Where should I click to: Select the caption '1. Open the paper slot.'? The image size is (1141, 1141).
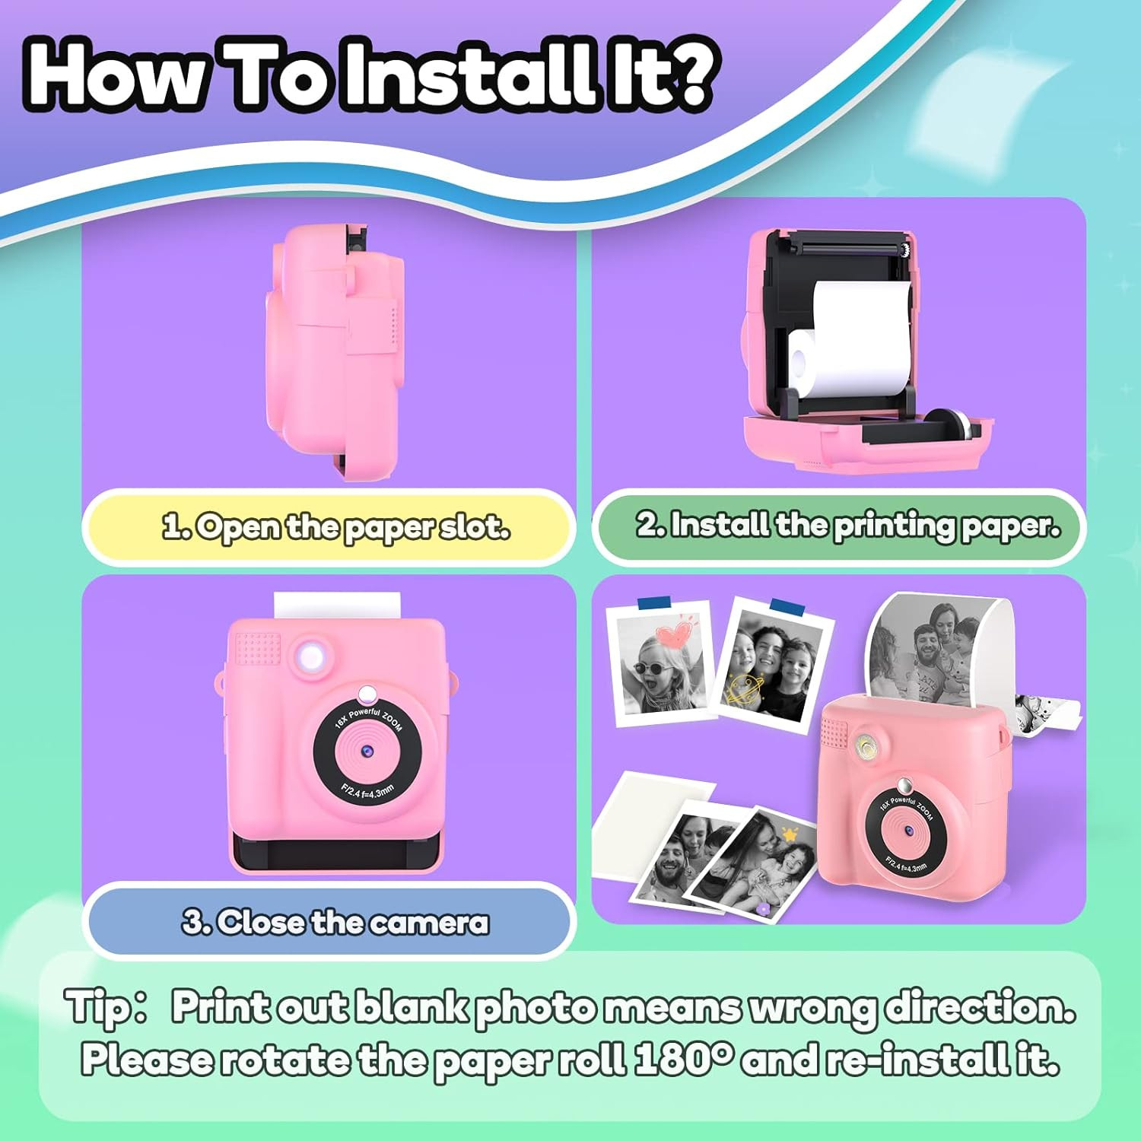[x=336, y=526]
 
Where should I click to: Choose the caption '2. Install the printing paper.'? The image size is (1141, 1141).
[x=847, y=525]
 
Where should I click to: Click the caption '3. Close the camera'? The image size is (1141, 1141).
[x=335, y=922]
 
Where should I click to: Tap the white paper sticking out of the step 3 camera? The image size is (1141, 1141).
[x=337, y=606]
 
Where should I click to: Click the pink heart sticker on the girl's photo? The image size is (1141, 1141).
[x=676, y=631]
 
